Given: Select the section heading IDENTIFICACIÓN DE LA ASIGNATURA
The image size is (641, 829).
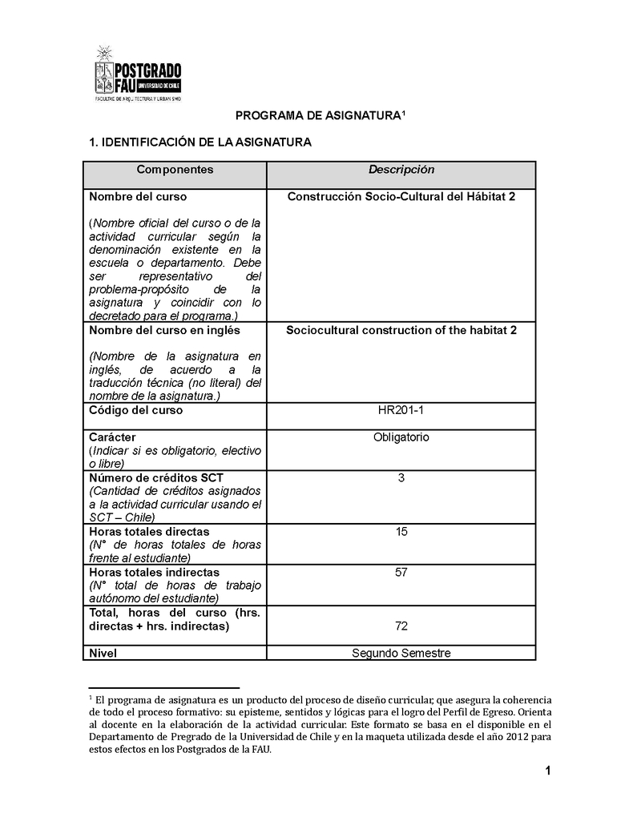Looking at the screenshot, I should [200, 142].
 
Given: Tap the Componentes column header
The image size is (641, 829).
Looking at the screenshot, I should [175, 170].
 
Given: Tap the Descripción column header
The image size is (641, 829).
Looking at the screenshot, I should [401, 170].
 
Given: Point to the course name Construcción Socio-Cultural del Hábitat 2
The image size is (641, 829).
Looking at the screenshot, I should [401, 196].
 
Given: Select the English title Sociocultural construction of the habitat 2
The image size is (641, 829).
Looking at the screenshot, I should [401, 330].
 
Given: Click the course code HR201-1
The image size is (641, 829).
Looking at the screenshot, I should [401, 410].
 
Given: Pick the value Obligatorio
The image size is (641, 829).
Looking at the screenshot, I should [401, 437].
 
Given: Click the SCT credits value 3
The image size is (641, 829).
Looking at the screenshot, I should [401, 478].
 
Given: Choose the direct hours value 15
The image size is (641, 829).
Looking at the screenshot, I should [401, 532].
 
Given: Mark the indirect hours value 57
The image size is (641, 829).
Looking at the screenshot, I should [401, 573].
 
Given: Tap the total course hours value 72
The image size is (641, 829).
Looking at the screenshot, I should [401, 626].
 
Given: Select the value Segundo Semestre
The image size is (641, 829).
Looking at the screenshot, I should [401, 653].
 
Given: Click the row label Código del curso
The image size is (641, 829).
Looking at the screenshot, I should [135, 410].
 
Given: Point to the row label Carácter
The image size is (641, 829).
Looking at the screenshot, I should [112, 437].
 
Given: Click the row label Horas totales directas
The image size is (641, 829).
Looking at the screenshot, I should [148, 532].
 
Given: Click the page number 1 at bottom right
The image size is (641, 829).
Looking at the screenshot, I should [546, 771].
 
